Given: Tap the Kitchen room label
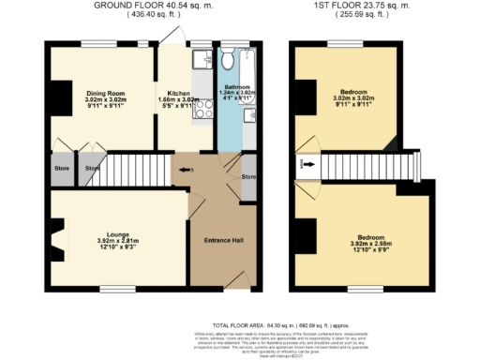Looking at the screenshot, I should pos(178,94).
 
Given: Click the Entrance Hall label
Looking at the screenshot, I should pos(224,242).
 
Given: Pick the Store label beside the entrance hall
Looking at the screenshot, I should pos(248,176).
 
